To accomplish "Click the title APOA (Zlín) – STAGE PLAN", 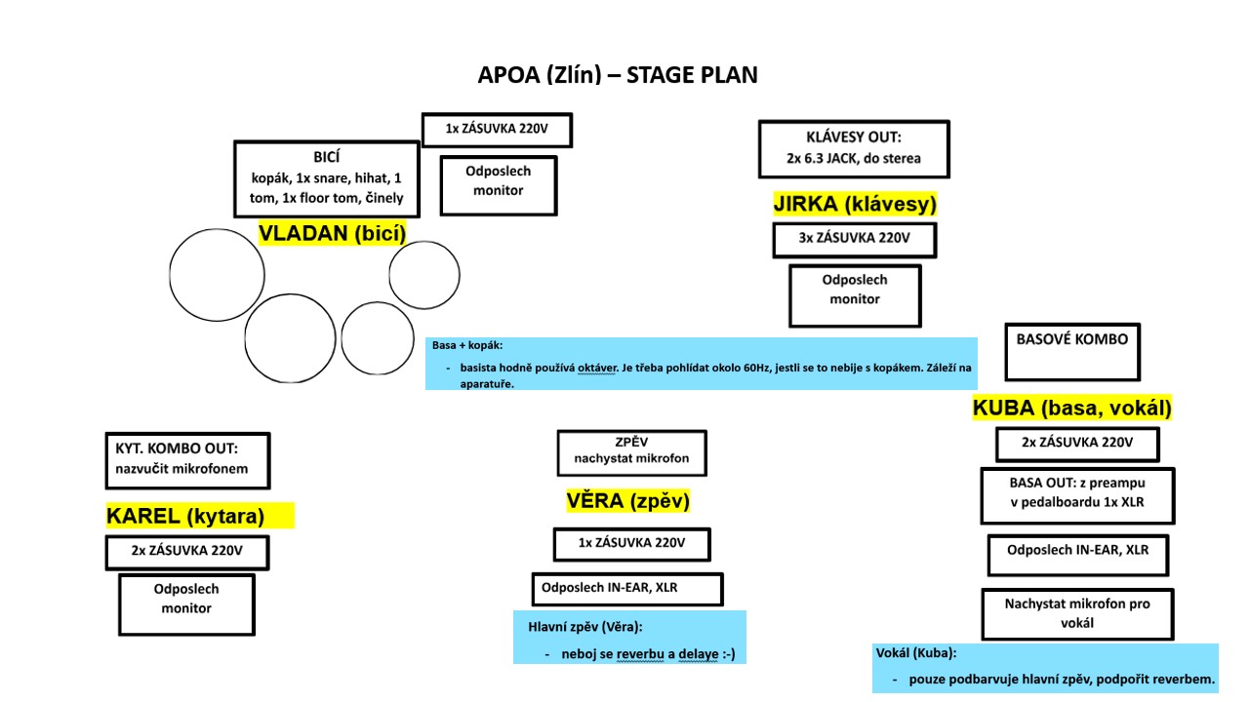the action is (x=618, y=75).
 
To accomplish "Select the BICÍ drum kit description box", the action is (x=327, y=178).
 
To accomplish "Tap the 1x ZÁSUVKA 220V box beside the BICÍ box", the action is (x=498, y=130).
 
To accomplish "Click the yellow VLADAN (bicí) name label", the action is (x=333, y=233).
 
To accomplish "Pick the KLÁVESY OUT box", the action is (x=854, y=149).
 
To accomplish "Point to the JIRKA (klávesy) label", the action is (x=855, y=204).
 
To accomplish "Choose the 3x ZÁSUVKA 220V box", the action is (x=854, y=240).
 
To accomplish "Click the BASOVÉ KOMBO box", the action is (x=1072, y=352).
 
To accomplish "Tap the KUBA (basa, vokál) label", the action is (x=1071, y=408).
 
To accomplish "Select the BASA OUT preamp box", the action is (x=1077, y=496).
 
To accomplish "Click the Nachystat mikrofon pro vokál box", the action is (x=1077, y=614).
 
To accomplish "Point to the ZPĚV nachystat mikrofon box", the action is (x=631, y=453).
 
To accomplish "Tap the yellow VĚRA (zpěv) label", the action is (x=627, y=501).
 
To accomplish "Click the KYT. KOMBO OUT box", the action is (x=188, y=461).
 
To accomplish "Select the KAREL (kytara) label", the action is (x=200, y=516).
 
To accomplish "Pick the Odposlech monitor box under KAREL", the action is (x=186, y=604).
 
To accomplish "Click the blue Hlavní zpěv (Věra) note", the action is (x=629, y=638).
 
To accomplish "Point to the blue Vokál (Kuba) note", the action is (x=1045, y=669).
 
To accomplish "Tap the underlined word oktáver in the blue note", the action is (x=596, y=369).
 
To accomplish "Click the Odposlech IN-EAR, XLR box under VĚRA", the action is (x=627, y=590).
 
